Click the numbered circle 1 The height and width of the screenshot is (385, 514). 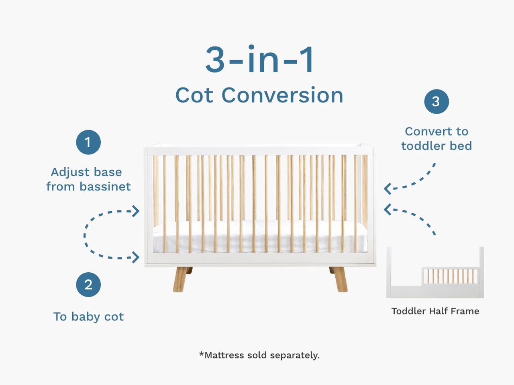(x=88, y=142)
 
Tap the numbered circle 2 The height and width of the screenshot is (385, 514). (x=88, y=285)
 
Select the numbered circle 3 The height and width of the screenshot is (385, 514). (x=436, y=101)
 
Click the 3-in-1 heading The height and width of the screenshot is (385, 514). (x=260, y=60)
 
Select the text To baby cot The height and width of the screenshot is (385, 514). (x=88, y=316)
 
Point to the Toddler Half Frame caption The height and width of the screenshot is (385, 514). (x=435, y=311)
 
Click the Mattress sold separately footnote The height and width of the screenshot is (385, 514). (x=259, y=355)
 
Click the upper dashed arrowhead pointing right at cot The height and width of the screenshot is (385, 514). (x=136, y=211)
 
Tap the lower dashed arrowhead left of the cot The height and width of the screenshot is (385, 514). (x=136, y=257)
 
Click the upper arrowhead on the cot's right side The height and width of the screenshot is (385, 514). (x=388, y=188)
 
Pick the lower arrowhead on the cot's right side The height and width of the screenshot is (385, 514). (x=388, y=209)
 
